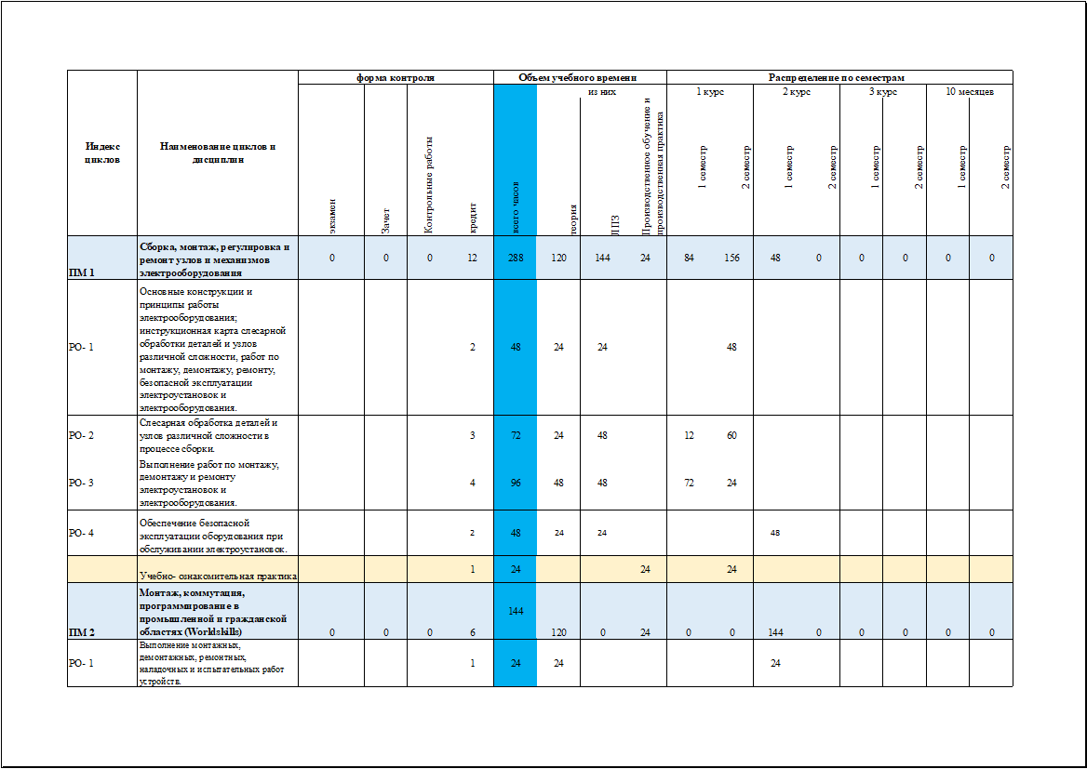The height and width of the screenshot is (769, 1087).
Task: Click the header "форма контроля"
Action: pos(396,78)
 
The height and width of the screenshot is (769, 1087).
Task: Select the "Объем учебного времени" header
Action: pos(579,78)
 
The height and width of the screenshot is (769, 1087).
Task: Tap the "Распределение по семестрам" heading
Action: pos(837,78)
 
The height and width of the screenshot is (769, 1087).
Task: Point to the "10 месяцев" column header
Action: pos(969,92)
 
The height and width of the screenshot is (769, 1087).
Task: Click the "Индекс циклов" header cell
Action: pos(102,152)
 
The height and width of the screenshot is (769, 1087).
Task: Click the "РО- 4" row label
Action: pos(82,533)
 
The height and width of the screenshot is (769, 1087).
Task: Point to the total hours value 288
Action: pos(515,258)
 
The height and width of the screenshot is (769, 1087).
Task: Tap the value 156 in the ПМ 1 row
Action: pos(731,258)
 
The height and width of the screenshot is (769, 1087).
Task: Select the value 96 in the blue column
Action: pos(515,484)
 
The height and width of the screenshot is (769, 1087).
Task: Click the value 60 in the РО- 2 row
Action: pos(731,435)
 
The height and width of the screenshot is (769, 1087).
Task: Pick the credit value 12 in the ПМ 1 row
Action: pos(473,258)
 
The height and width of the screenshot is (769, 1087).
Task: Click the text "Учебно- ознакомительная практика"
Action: pos(218,577)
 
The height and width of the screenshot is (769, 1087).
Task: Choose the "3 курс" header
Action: pos(883,92)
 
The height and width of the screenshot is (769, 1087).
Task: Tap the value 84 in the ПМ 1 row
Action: pos(689,258)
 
